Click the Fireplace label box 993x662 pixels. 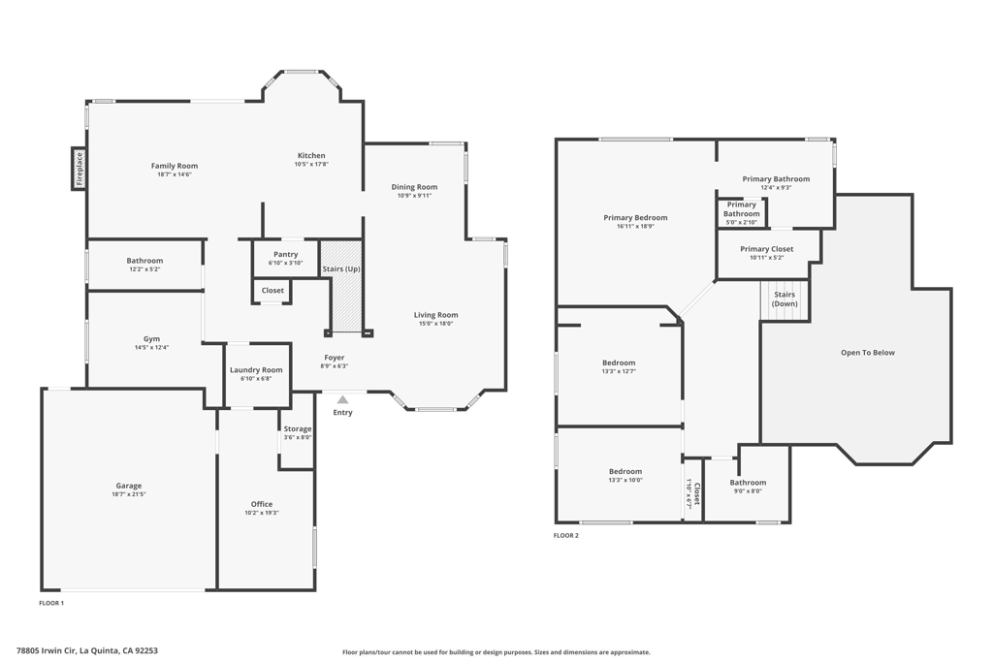click(x=79, y=169)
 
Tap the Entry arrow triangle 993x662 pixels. click(x=342, y=399)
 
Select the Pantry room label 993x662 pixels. click(x=286, y=254)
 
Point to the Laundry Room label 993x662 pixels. click(x=256, y=370)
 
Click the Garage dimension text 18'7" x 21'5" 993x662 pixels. click(x=129, y=494)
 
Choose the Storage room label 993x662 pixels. click(x=297, y=428)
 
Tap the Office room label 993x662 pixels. click(x=262, y=504)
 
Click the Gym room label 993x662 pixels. click(x=151, y=338)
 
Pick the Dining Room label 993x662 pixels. click(x=414, y=187)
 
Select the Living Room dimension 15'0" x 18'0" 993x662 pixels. click(x=435, y=324)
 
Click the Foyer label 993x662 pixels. click(x=335, y=358)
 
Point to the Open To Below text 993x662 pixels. click(x=868, y=353)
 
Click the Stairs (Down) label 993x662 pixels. click(x=785, y=299)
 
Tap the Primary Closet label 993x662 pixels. click(x=767, y=249)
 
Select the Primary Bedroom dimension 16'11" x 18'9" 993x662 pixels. click(x=635, y=226)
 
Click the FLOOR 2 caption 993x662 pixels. click(x=566, y=535)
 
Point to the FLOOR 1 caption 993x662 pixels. click(x=51, y=603)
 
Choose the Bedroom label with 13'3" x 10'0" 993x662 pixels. click(x=625, y=471)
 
